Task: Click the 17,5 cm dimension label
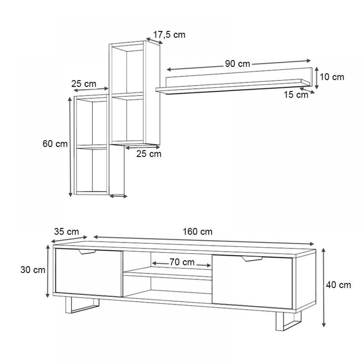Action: [169, 35]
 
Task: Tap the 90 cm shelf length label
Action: [237, 64]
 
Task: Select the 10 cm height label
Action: [332, 77]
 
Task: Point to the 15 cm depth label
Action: [296, 95]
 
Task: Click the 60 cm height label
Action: [55, 144]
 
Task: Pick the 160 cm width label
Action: [197, 232]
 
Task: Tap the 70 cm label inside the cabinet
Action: [182, 262]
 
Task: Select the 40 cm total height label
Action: [339, 285]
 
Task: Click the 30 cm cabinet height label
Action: [33, 270]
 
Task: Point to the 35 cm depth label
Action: [66, 232]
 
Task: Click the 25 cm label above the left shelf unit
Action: [84, 84]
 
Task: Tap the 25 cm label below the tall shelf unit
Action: [149, 154]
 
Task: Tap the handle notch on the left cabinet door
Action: [87, 252]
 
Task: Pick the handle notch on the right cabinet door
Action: [252, 258]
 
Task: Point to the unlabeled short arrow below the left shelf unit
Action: [118, 197]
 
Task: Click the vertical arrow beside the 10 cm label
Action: [316, 78]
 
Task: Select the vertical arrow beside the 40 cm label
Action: [324, 288]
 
